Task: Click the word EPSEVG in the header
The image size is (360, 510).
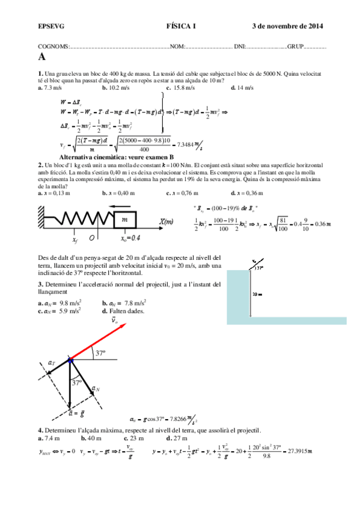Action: [47, 26]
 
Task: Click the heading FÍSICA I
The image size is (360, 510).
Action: [181, 26]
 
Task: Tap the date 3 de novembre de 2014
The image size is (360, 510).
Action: [287, 26]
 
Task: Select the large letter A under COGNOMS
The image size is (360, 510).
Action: [41, 57]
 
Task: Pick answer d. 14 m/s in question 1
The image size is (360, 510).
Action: [242, 87]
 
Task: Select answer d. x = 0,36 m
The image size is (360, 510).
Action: [247, 193]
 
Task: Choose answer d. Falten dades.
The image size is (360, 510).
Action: [123, 311]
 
